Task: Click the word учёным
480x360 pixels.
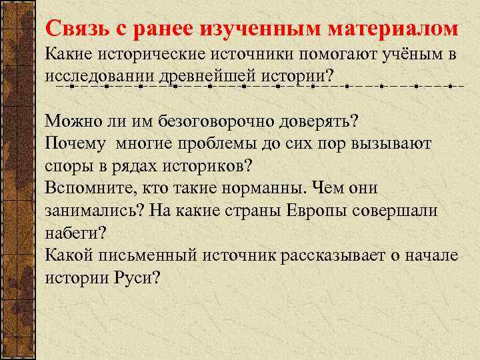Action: click(x=403, y=55)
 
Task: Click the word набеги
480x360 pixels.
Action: click(x=76, y=233)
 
